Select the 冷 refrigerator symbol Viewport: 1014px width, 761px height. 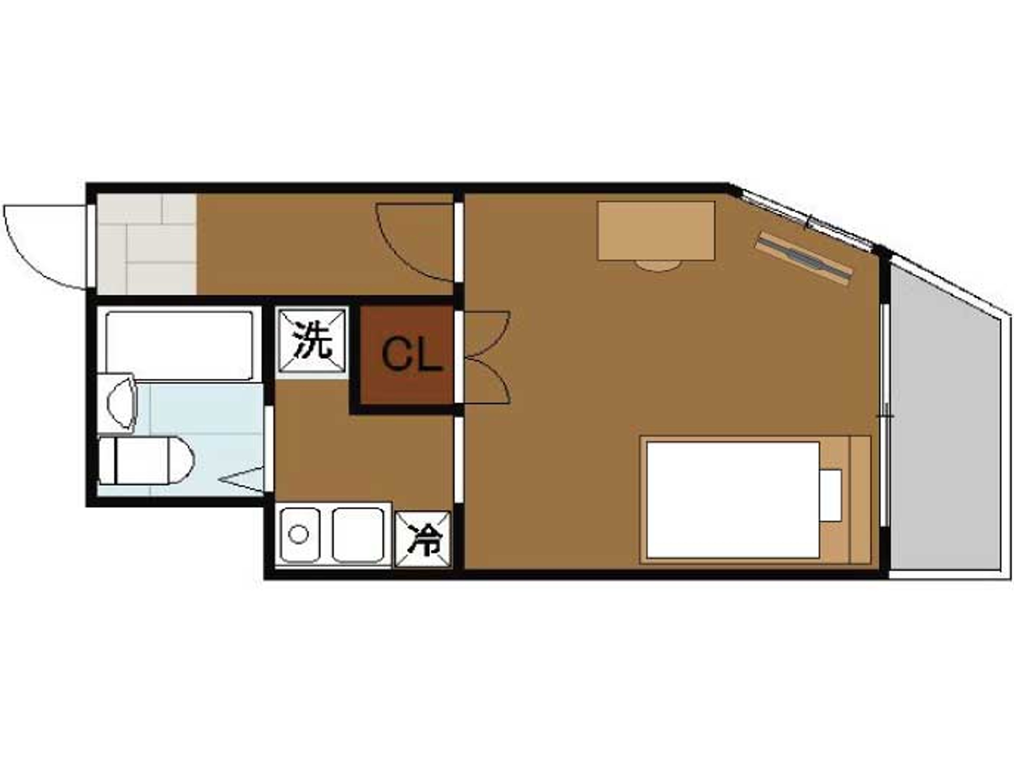[423, 539]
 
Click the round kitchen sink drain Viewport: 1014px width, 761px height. [298, 534]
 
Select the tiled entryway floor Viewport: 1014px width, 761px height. [147, 244]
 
